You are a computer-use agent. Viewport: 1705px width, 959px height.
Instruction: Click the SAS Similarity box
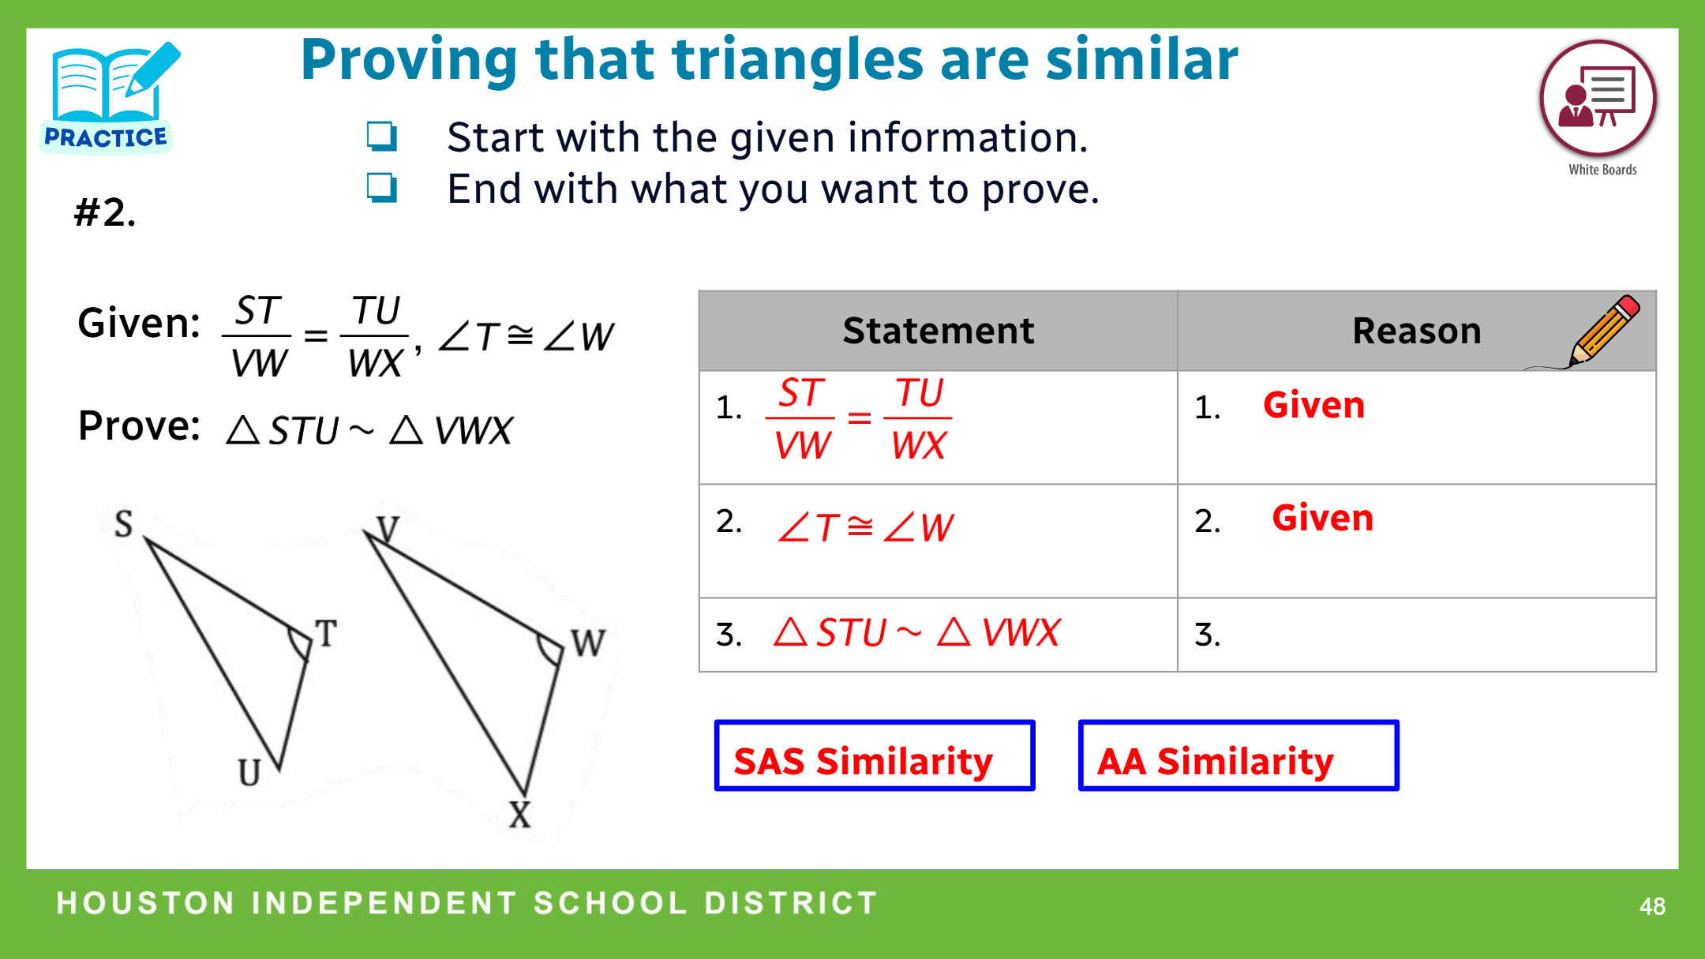(875, 755)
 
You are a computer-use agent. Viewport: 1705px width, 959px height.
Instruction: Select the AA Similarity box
(1238, 755)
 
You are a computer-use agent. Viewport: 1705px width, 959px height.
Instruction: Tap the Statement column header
(938, 331)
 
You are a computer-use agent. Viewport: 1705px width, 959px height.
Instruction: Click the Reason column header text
(1417, 331)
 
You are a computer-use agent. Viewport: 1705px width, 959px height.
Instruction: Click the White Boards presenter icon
(1598, 99)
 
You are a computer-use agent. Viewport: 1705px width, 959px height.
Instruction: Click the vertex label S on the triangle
(124, 523)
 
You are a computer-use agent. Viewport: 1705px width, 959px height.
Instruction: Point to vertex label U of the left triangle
(249, 772)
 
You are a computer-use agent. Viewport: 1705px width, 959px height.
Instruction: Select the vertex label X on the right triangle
(519, 814)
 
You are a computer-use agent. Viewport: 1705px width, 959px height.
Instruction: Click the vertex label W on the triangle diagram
(589, 643)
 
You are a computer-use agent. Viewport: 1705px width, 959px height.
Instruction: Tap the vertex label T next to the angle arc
(326, 633)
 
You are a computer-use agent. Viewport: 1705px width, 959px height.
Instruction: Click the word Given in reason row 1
(1313, 405)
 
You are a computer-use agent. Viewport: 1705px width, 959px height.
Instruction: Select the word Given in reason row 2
(1323, 518)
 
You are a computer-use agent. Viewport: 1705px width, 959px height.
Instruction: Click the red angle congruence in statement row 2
(866, 527)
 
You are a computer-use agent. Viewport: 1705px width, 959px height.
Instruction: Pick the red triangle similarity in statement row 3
(917, 632)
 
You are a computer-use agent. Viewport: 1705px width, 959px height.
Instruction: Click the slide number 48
(1652, 905)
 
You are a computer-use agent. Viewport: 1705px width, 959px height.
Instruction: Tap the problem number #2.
(105, 212)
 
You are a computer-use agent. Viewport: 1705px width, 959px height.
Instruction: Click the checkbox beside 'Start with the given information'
(382, 137)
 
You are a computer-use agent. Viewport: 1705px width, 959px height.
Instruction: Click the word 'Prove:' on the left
(139, 426)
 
